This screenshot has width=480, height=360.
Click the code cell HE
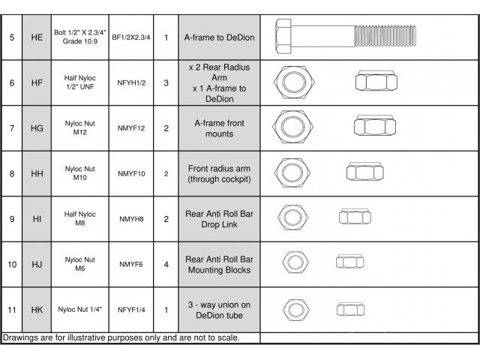pyautogui.click(x=37, y=36)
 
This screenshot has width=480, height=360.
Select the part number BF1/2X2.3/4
pyautogui.click(x=131, y=36)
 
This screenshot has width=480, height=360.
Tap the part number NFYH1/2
pyautogui.click(x=131, y=82)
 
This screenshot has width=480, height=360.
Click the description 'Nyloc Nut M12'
pyautogui.click(x=79, y=127)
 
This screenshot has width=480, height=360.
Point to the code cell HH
pyautogui.click(x=37, y=173)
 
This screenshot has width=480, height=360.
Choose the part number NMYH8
pyautogui.click(x=131, y=218)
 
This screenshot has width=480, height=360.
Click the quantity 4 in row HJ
pyautogui.click(x=166, y=264)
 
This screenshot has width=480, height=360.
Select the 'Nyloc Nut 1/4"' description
pyautogui.click(x=79, y=309)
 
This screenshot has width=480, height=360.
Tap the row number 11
pyautogui.click(x=10, y=309)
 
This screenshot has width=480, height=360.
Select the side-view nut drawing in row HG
pyautogui.click(x=370, y=127)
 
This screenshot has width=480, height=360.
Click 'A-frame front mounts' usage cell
pyautogui.click(x=219, y=127)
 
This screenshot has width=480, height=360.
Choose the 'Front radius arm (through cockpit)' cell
pyautogui.click(x=219, y=173)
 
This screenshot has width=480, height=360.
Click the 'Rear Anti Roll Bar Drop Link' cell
pyautogui.click(x=219, y=218)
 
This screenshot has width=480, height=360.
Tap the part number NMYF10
pyautogui.click(x=131, y=173)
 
